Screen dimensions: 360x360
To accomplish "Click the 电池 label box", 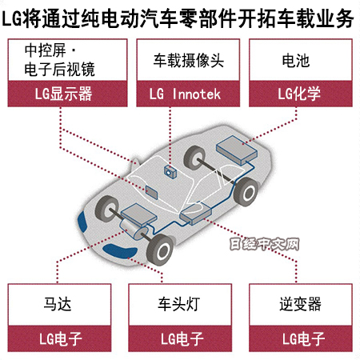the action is pos(301,60).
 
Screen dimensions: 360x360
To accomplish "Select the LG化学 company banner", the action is pos(301,94).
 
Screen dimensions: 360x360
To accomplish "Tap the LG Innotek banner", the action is pos(188,94).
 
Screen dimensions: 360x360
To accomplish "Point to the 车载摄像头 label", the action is pos(188,60).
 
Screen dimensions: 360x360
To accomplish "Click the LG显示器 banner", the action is pos(67,94).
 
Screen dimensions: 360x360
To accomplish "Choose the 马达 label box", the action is pos(59,305).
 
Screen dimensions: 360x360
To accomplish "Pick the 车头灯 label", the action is pos(180,305).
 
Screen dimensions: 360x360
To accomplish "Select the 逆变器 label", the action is pos(301,305).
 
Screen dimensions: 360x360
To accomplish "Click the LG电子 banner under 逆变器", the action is pos(301,338).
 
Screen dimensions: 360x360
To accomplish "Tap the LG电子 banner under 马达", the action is pos(59,338).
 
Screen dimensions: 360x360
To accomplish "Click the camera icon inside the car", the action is pos(170,171).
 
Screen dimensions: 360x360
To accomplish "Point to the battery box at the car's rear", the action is pos(237,150).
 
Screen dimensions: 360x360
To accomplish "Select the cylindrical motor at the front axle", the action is pos(134,230).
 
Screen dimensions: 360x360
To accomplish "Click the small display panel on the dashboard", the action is pos(151,193).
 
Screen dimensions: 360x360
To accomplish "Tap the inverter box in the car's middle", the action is pos(196,213).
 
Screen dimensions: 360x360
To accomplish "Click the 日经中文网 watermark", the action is pos(264,244).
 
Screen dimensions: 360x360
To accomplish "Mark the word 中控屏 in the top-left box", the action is pos(45,50).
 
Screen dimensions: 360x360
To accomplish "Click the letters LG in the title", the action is pos(12,18).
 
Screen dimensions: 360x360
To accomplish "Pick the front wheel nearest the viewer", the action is pos(160,250).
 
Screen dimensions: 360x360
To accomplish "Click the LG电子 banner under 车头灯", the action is pos(180,338).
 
